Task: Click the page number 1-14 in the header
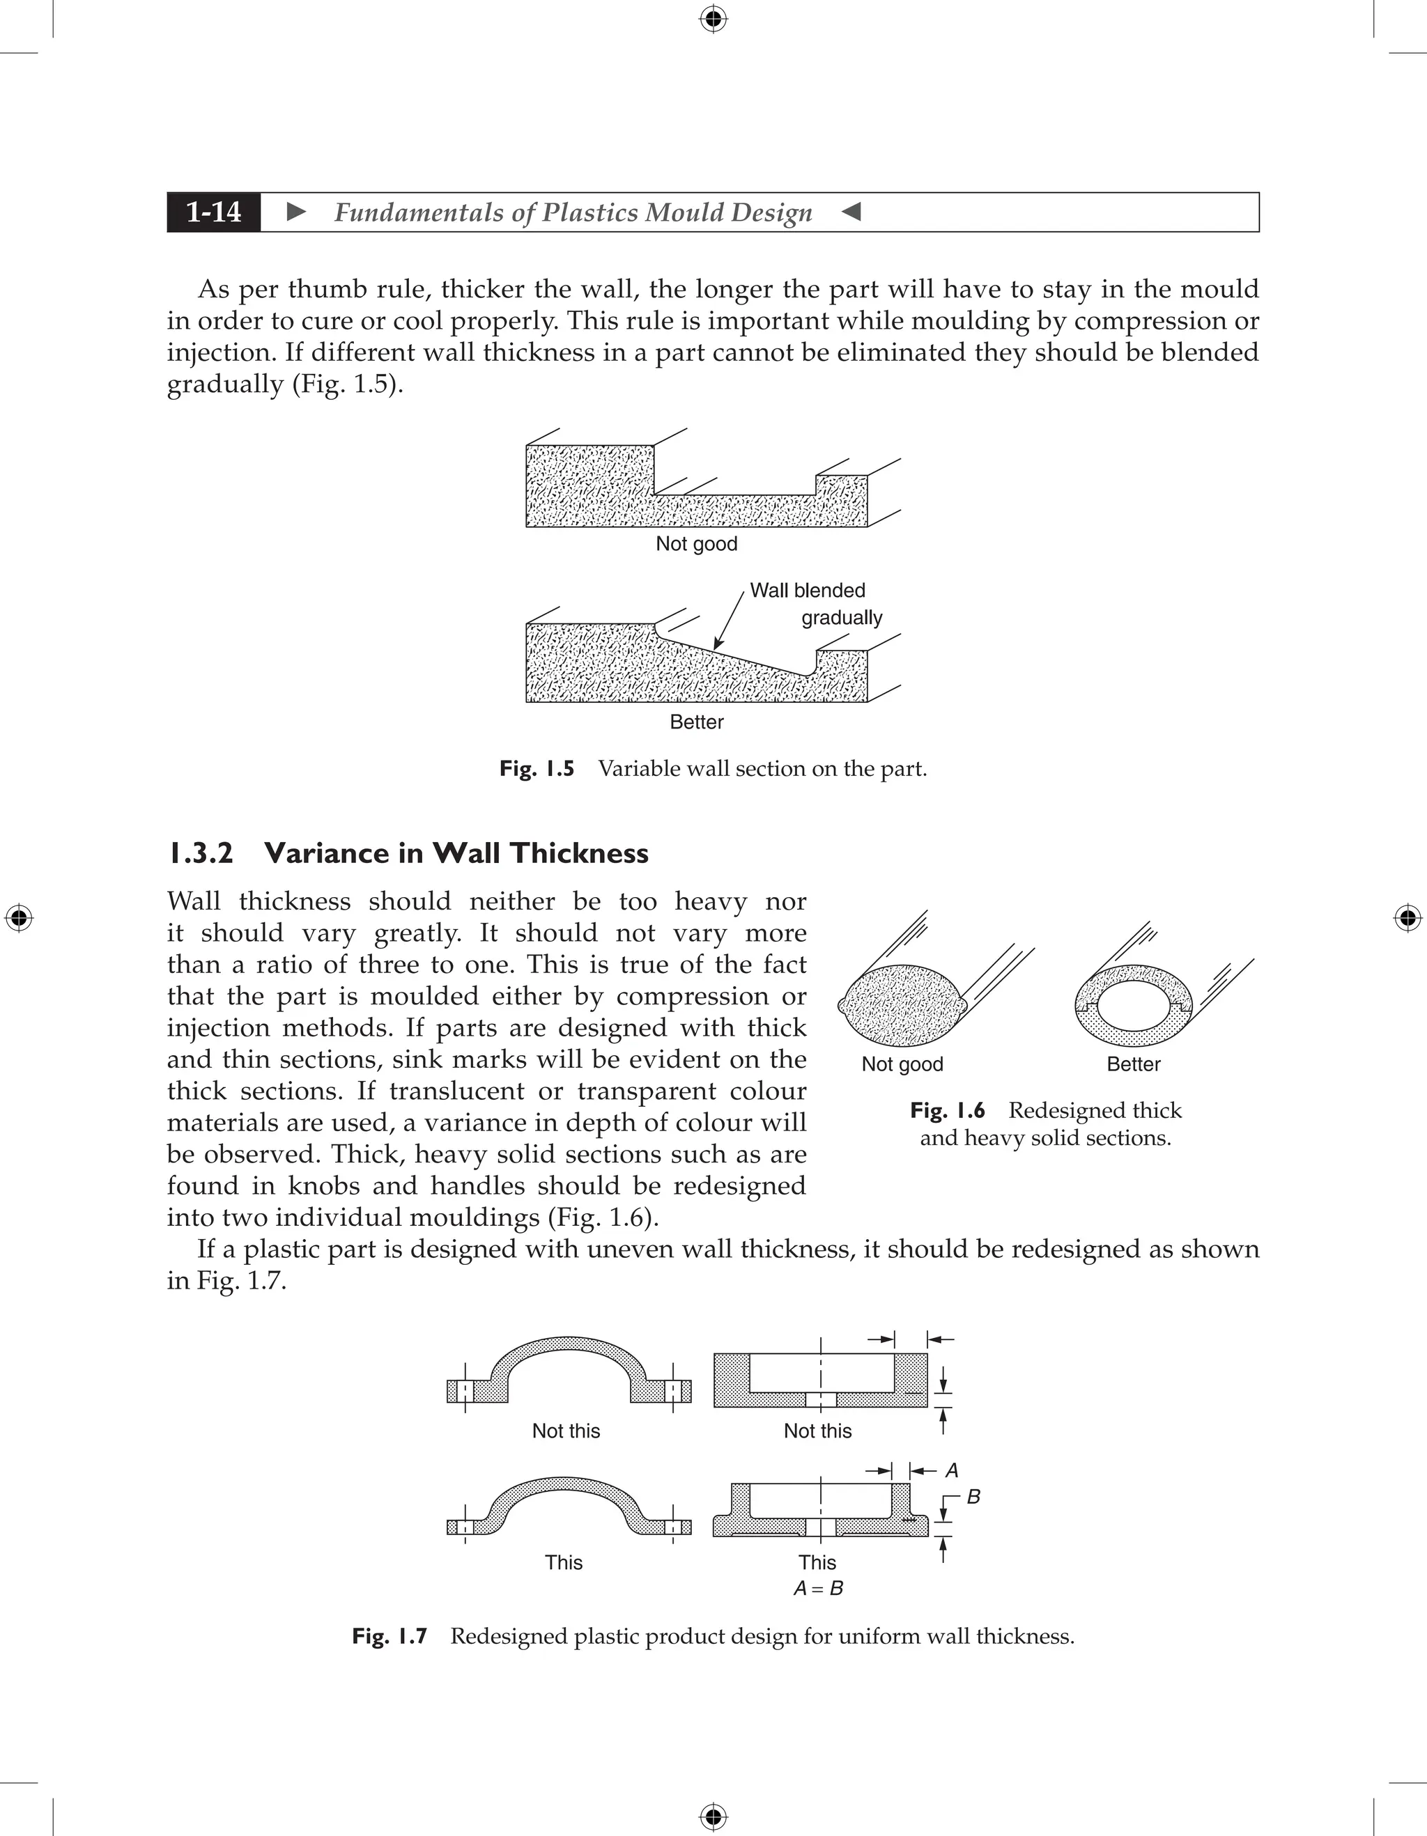214,212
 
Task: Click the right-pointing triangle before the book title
296,212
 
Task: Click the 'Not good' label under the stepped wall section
695,544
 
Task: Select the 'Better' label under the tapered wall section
695,722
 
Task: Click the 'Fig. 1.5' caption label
537,768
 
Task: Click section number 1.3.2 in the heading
200,853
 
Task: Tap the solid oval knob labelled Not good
902,1006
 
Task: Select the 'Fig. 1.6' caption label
947,1110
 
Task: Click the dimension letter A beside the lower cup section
952,1470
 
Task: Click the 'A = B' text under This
817,1588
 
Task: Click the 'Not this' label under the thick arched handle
566,1431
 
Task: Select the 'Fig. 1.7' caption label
389,1636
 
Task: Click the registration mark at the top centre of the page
713,19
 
